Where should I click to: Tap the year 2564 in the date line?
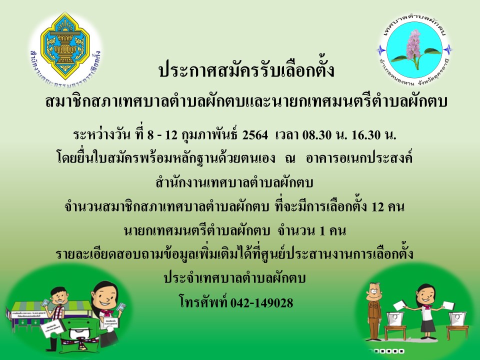[255, 135]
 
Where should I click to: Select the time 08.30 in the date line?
[317, 135]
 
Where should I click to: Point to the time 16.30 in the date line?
[366, 135]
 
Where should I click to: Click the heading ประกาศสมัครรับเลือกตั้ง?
[246, 69]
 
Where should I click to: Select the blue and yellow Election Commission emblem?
[65, 46]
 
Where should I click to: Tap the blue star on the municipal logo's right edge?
[448, 49]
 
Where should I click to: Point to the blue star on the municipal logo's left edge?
[381, 49]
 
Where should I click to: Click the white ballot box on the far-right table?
[457, 318]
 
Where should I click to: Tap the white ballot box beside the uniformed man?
[395, 318]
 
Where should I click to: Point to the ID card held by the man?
[45, 302]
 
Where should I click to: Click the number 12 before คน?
[377, 207]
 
